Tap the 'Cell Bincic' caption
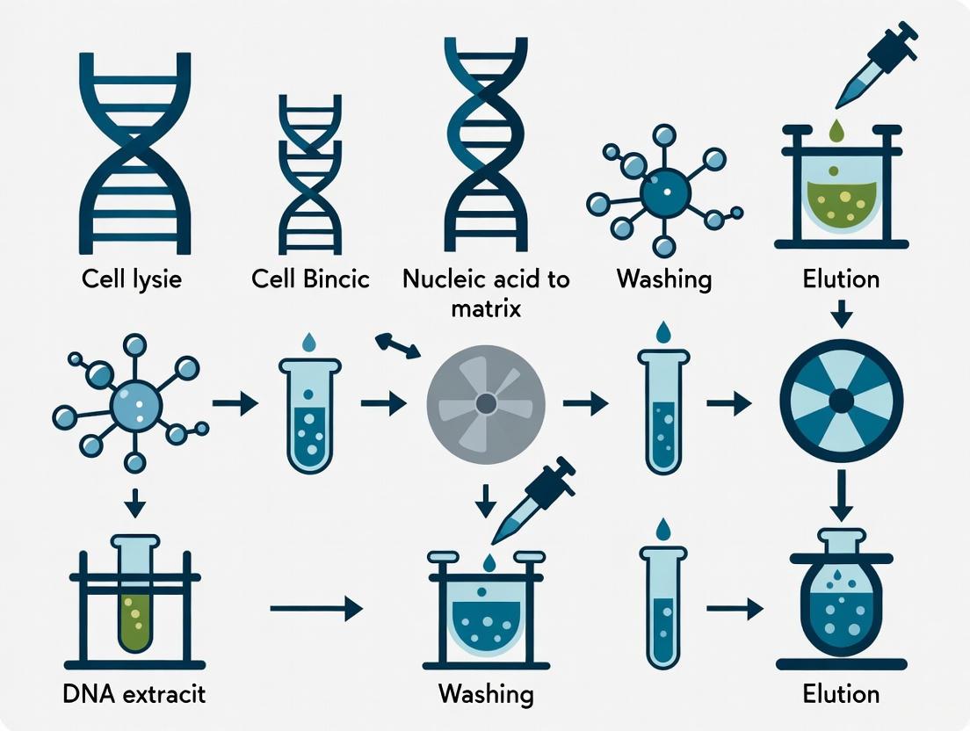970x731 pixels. click(310, 279)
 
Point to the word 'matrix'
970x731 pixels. click(485, 309)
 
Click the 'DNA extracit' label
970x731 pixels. click(134, 694)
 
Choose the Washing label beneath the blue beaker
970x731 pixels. click(485, 694)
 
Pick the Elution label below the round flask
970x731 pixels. click(841, 694)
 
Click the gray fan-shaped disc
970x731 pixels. click(485, 403)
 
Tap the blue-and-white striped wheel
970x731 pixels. click(841, 402)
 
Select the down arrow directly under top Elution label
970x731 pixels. click(841, 312)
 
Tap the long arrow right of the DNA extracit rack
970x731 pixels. click(316, 608)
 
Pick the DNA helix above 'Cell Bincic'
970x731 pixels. click(309, 176)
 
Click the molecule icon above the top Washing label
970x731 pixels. click(661, 191)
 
